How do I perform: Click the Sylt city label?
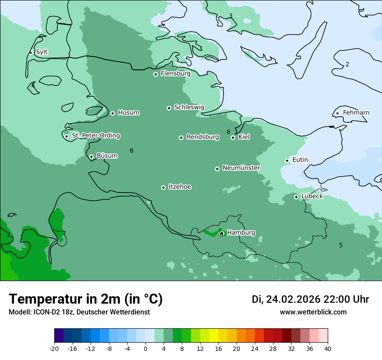click(x=42, y=52)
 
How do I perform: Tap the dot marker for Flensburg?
click(x=155, y=74)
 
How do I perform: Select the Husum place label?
click(x=128, y=113)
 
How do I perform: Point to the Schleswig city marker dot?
click(x=169, y=108)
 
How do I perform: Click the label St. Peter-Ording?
click(x=96, y=136)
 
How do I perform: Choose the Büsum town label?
click(x=107, y=156)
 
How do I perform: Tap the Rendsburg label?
click(x=203, y=137)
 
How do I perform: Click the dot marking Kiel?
click(x=233, y=137)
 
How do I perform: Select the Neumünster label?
click(x=241, y=168)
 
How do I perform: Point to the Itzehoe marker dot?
click(x=163, y=187)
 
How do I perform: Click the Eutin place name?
click(x=300, y=160)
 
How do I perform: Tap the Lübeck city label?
click(x=312, y=196)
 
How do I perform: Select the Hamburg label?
click(x=241, y=232)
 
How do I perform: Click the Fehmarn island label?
click(x=356, y=113)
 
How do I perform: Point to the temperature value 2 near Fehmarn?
click(x=347, y=65)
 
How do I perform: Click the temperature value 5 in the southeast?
click(x=341, y=245)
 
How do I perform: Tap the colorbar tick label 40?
click(x=328, y=348)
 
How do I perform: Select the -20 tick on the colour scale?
click(x=54, y=348)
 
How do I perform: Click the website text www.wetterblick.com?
click(x=313, y=312)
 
